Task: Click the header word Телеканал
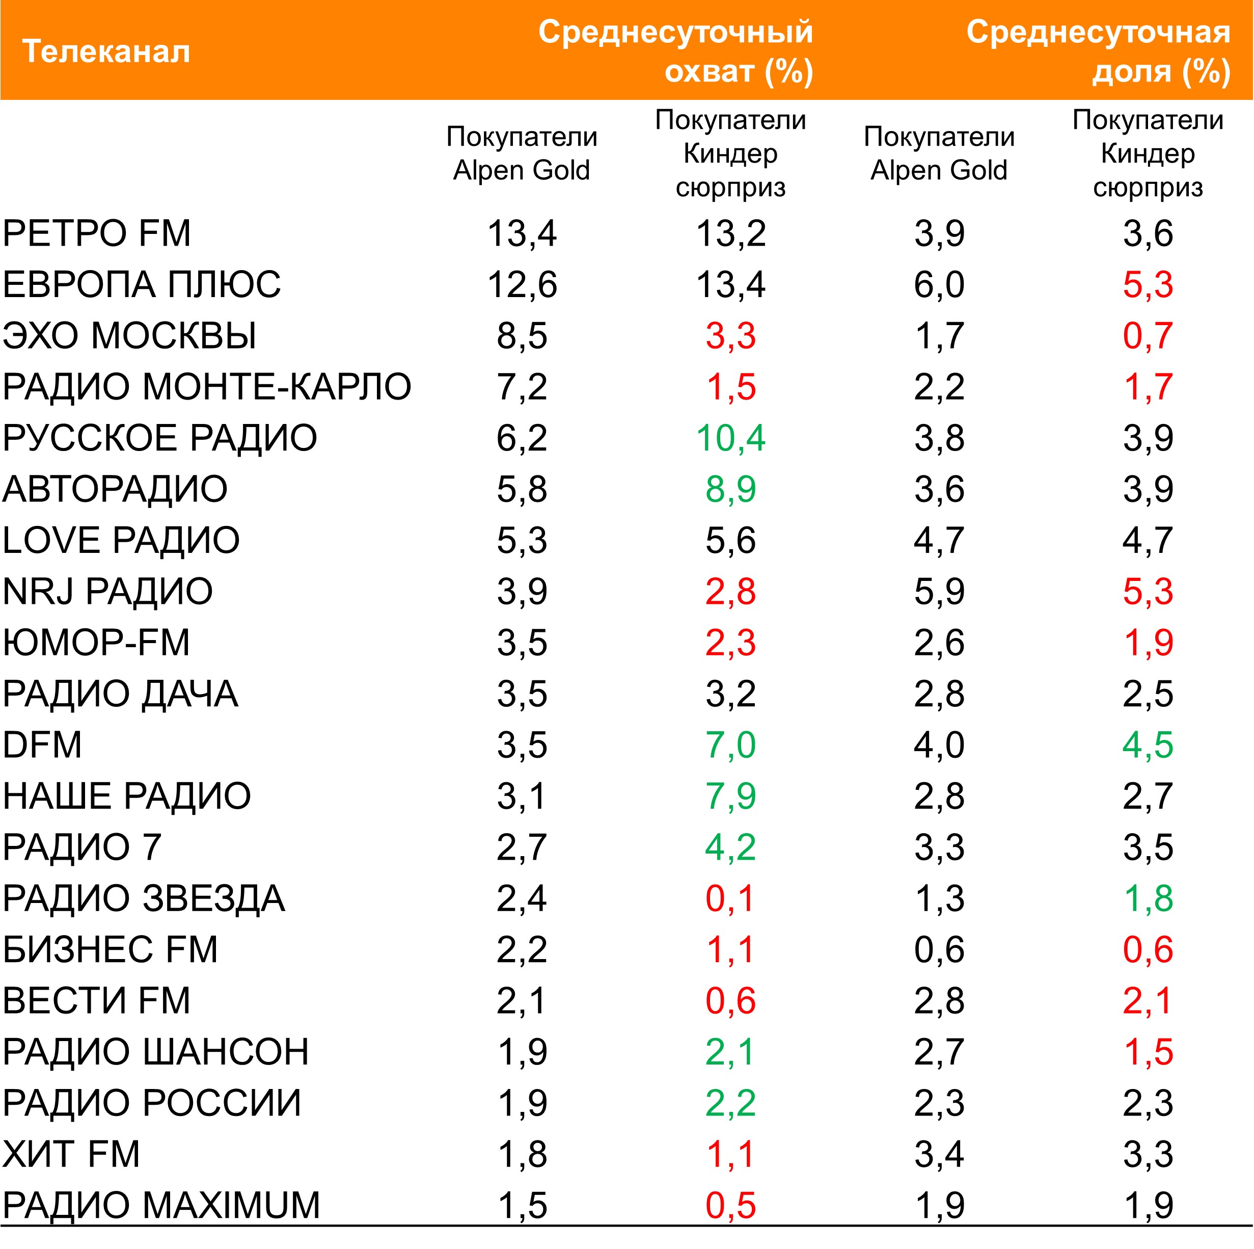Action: (x=106, y=51)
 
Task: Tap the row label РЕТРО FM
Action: (x=97, y=233)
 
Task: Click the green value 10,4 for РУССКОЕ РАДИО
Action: (x=730, y=438)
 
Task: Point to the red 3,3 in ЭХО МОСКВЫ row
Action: (x=730, y=336)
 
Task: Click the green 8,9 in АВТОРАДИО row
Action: (x=730, y=489)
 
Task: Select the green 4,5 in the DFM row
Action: (x=1148, y=745)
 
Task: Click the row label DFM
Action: (x=42, y=745)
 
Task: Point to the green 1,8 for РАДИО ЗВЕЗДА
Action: (x=1148, y=898)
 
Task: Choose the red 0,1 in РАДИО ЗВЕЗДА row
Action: (x=730, y=898)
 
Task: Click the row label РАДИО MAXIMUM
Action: (x=161, y=1206)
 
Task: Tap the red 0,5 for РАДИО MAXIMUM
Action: (x=730, y=1206)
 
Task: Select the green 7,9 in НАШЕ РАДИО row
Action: (x=730, y=796)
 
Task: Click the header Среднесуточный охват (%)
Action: (x=675, y=51)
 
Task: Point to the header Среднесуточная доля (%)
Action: (x=1098, y=51)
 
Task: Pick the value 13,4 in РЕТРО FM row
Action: (x=522, y=233)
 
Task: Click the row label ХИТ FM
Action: (x=71, y=1154)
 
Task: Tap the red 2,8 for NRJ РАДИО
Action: (x=730, y=591)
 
